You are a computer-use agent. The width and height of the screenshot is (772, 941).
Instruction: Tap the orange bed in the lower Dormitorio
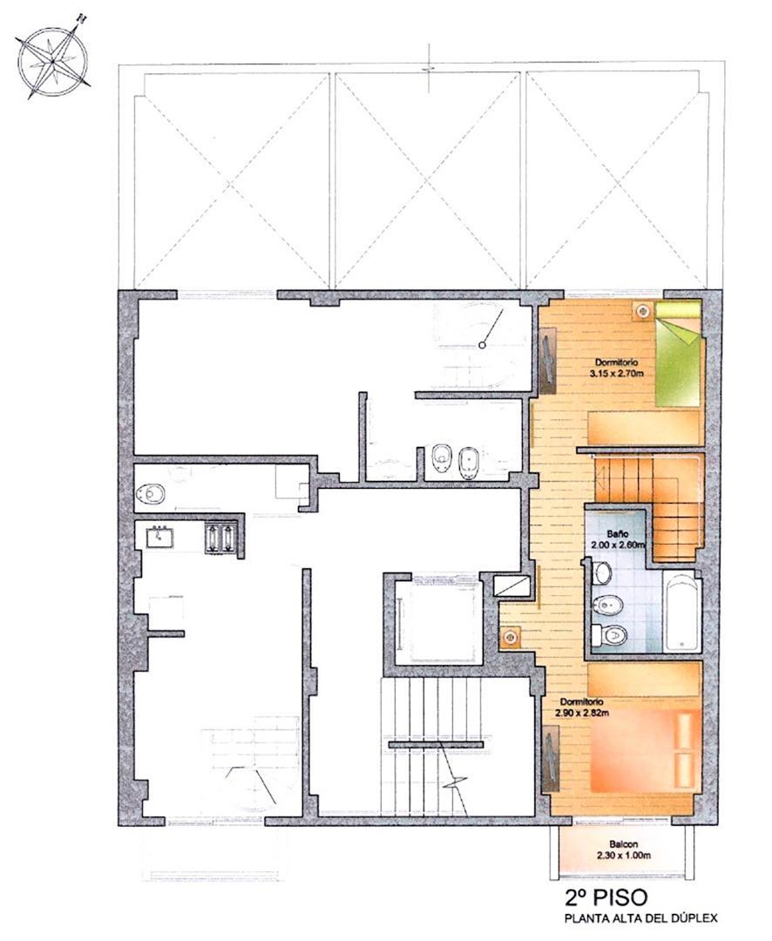646,749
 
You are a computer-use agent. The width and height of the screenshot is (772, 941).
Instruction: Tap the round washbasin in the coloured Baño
602,573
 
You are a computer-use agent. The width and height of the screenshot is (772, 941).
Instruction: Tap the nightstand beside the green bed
643,309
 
